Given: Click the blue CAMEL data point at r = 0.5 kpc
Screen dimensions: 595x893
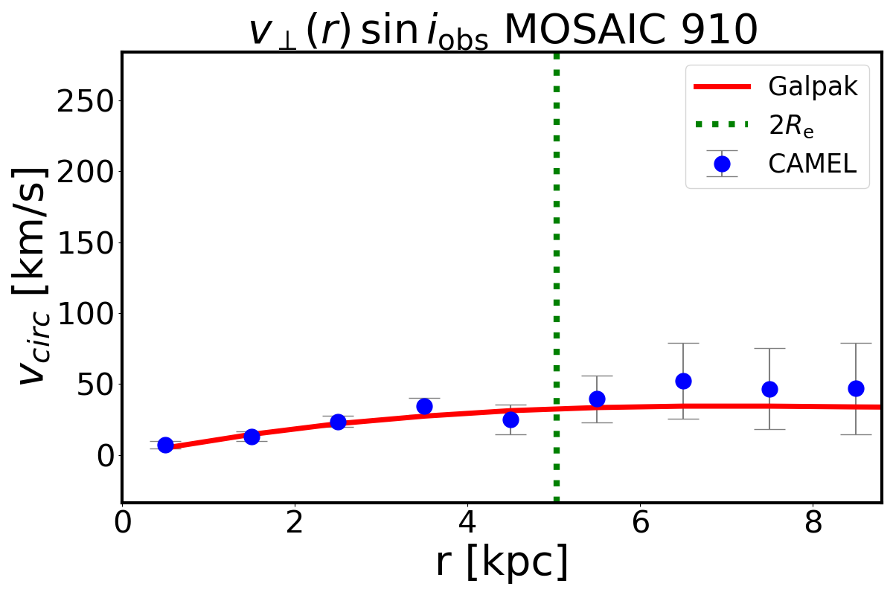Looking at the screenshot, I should [x=165, y=445].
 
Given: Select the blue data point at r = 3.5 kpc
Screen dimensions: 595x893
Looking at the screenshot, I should [x=424, y=406].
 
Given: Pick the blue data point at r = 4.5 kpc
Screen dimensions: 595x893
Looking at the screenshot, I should [x=510, y=419].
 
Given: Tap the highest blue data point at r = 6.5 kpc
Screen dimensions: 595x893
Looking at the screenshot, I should [x=683, y=381].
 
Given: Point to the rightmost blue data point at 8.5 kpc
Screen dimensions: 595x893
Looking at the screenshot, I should [x=856, y=388].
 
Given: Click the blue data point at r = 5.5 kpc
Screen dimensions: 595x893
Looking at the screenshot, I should [x=597, y=399].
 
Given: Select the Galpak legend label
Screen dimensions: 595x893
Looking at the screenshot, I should [x=813, y=87].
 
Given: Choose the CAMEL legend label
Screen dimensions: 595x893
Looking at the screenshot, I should [x=813, y=164].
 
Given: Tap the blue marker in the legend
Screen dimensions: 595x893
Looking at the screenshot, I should [x=721, y=164].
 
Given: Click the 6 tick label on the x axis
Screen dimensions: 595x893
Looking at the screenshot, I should [x=640, y=522].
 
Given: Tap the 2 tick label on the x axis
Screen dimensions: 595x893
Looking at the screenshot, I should [x=295, y=522].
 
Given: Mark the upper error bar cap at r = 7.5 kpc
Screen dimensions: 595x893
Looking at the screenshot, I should [x=769, y=348].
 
